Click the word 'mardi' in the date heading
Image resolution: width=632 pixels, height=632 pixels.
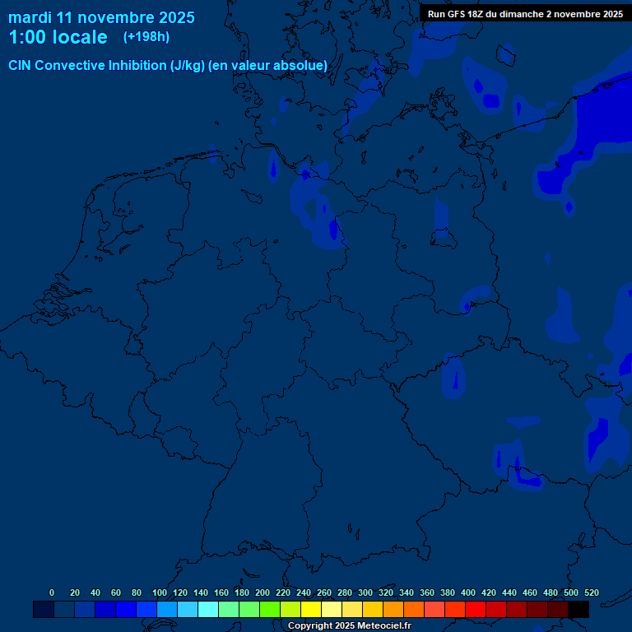(x=30, y=17)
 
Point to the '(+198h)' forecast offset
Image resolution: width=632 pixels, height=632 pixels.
(x=146, y=36)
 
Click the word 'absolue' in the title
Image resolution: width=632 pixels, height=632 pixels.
(x=300, y=65)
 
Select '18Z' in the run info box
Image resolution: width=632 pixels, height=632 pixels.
(x=478, y=14)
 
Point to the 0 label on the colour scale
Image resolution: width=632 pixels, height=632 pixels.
(x=52, y=592)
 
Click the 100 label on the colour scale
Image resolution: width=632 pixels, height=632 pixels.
(x=160, y=592)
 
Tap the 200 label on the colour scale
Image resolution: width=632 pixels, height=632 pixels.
(x=263, y=592)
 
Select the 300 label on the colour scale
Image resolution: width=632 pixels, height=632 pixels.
(x=365, y=592)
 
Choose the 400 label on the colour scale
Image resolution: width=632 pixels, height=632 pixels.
(x=468, y=592)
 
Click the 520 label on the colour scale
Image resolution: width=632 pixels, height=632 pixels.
(x=592, y=592)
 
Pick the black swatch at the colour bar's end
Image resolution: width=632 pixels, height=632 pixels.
(x=579, y=610)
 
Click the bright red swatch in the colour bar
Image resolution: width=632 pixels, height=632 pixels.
(x=476, y=610)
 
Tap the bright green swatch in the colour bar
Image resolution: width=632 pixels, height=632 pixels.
(x=270, y=610)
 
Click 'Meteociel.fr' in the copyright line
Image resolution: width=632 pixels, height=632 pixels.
(x=384, y=626)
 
